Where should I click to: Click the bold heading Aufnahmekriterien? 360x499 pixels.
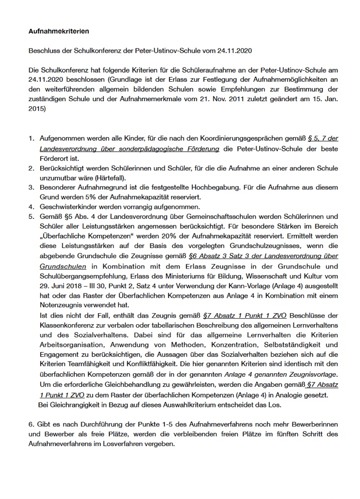click(58, 31)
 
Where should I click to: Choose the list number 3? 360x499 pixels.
click(31, 187)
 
